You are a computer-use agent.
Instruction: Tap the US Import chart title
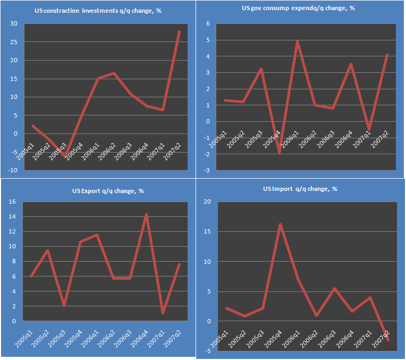click(300, 189)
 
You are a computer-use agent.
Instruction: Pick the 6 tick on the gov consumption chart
click(208, 23)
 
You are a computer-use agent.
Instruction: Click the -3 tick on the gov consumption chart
click(207, 170)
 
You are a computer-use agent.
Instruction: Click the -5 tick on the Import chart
click(208, 351)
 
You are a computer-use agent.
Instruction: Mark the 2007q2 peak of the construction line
click(180, 32)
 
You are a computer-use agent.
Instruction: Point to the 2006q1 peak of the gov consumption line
click(298, 41)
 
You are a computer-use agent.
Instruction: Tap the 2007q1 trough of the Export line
click(163, 313)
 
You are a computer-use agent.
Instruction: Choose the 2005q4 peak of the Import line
click(280, 224)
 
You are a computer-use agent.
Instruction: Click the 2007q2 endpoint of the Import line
click(388, 340)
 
